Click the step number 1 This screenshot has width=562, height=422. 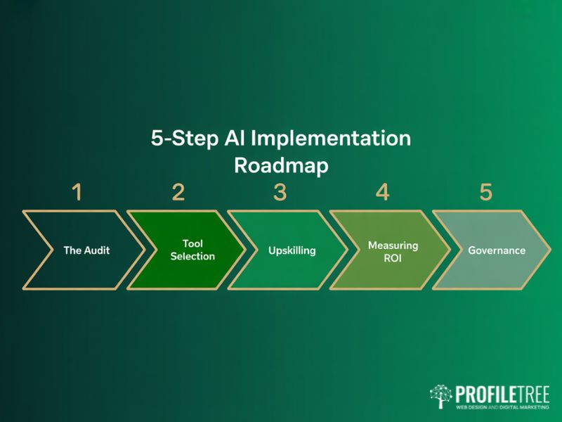[77, 192]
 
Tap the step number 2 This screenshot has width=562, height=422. [178, 192]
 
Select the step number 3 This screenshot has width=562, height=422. [280, 192]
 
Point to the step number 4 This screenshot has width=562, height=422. [382, 192]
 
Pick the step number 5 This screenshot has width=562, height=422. [485, 192]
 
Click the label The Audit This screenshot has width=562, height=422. [87, 250]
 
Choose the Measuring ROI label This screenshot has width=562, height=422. [393, 250]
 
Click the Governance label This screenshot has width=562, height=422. [497, 250]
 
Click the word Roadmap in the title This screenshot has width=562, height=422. [281, 165]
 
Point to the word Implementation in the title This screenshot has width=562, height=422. [331, 139]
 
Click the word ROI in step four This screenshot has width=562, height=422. [393, 257]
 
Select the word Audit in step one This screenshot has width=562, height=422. [98, 250]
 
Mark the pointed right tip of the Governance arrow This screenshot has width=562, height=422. [551, 250]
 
